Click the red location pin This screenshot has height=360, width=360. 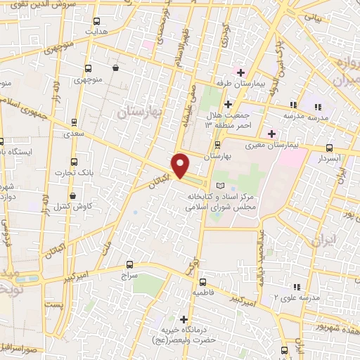click(x=180, y=165)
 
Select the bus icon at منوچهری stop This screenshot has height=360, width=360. click(x=89, y=68)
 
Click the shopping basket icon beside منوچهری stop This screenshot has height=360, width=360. click(x=114, y=68)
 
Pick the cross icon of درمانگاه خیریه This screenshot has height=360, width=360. click(x=185, y=318)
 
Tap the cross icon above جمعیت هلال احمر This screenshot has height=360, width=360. click(x=228, y=104)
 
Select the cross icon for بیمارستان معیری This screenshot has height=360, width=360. click(x=271, y=134)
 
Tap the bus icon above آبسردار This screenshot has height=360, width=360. click(x=330, y=148)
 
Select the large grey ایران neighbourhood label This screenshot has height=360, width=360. click(x=324, y=241)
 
